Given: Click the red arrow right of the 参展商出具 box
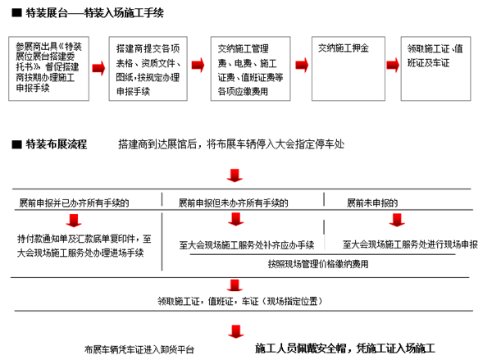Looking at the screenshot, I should tap(98, 67).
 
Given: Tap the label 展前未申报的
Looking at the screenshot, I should tap(372, 203).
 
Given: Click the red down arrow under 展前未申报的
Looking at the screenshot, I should tap(398, 220).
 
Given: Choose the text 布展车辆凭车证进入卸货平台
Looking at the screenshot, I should tap(139, 349).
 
